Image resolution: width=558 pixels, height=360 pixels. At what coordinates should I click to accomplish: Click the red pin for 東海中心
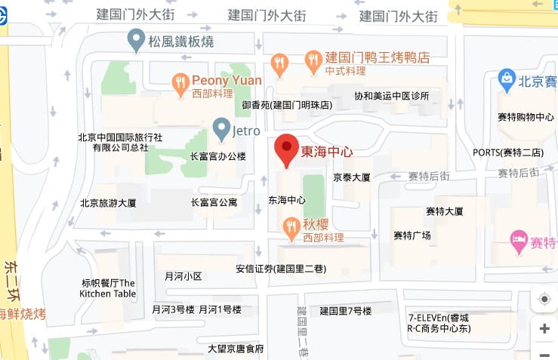(286, 148)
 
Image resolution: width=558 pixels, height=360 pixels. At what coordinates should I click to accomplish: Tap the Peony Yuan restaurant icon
(180, 83)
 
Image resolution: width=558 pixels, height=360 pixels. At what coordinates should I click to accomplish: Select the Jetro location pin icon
(221, 128)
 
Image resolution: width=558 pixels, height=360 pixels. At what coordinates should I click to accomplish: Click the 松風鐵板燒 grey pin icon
(136, 38)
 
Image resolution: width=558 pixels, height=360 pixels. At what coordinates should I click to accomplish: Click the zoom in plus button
(544, 329)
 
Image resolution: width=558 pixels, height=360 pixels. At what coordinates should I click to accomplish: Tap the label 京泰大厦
(352, 178)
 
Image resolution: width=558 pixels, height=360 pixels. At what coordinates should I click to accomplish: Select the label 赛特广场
(412, 235)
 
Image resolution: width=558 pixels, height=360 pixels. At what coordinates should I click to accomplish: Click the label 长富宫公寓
(214, 202)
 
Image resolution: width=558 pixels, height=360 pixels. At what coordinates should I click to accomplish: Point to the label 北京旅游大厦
(108, 202)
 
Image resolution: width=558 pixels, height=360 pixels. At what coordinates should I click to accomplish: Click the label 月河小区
(183, 276)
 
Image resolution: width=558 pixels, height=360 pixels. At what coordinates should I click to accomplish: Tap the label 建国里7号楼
(345, 311)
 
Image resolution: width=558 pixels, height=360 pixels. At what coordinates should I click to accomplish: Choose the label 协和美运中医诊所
(392, 96)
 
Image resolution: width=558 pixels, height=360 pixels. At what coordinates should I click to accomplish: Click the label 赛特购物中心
(526, 117)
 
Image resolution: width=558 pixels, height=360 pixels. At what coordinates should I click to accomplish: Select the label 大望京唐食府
(236, 349)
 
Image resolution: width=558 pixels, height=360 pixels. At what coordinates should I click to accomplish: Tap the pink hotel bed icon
(519, 242)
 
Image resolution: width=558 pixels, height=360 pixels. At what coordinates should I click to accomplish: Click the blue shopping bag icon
(507, 77)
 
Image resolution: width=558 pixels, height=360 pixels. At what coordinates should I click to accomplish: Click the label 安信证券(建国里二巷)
(281, 268)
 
